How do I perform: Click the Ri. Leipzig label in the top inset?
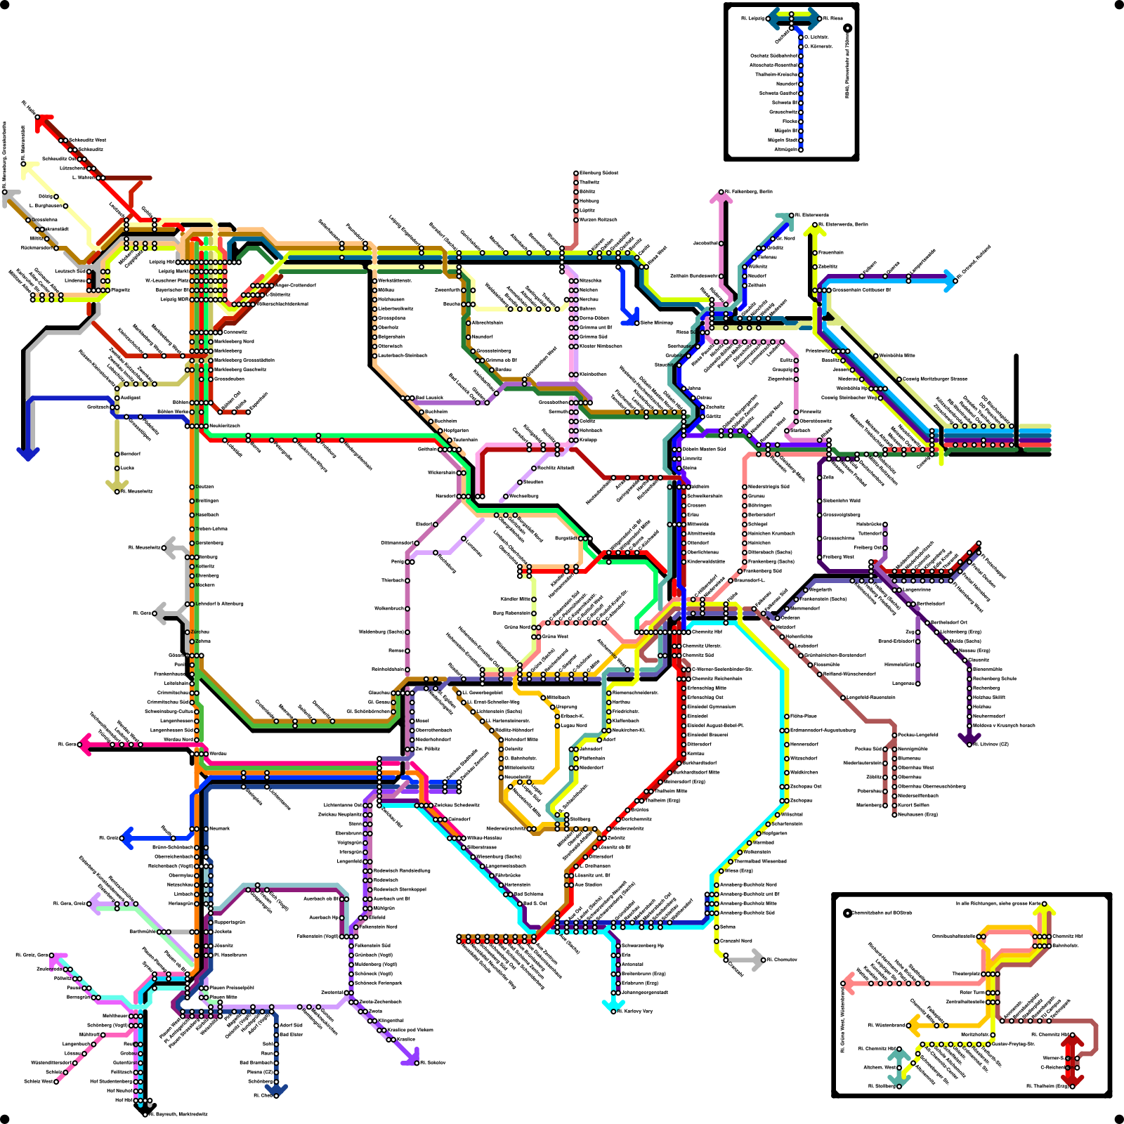click(752, 18)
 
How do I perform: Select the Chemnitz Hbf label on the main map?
click(707, 632)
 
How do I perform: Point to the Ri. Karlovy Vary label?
click(635, 1011)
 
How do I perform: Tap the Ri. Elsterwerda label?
click(811, 215)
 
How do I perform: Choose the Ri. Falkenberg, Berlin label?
click(748, 191)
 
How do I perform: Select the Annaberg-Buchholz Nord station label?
click(748, 884)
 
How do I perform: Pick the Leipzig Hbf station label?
click(162, 262)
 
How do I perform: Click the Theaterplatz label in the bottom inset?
click(966, 974)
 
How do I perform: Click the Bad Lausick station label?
click(429, 398)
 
